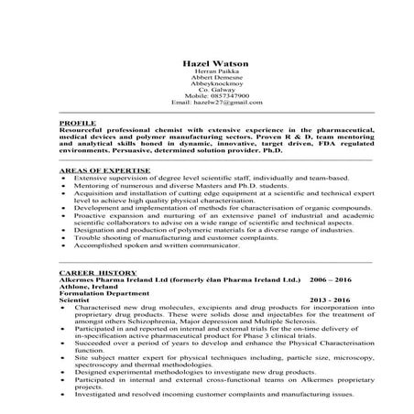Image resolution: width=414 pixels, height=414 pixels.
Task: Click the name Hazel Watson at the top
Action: pos(207,62)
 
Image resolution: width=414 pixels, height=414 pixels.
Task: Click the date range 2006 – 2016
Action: pos(331,279)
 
